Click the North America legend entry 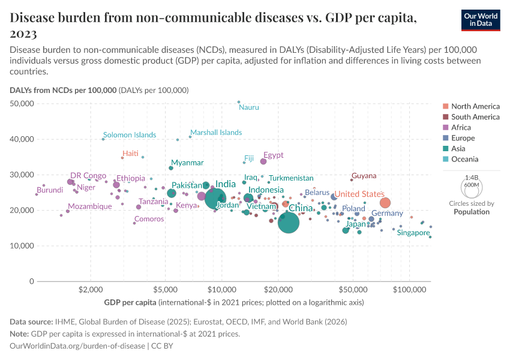coord(475,106)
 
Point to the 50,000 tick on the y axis coord(23,104)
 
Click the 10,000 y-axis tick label coord(23,246)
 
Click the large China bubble coord(289,223)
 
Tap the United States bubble coord(385,203)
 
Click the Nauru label coord(249,107)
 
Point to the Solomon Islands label coord(130,135)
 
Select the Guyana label coord(364,176)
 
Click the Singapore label coord(413,232)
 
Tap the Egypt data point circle coord(263,161)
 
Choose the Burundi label coord(50,190)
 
